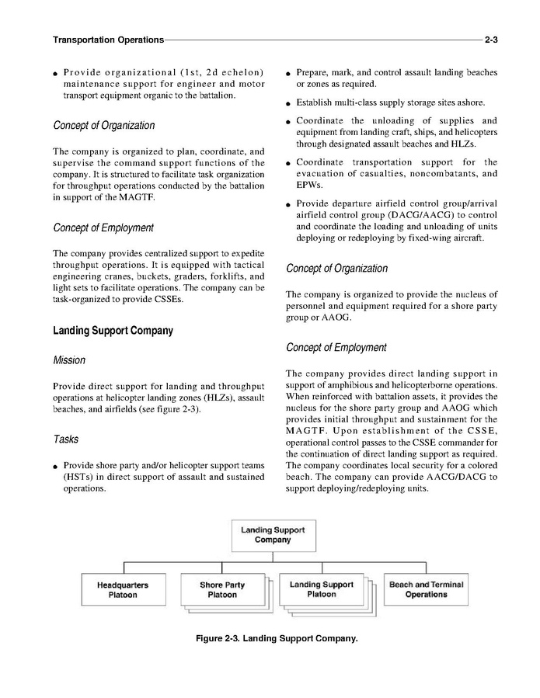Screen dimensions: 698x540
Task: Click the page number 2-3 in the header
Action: point(490,40)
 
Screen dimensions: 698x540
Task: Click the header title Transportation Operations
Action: point(108,40)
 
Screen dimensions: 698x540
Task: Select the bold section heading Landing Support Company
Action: point(113,331)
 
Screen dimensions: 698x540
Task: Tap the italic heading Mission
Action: point(69,360)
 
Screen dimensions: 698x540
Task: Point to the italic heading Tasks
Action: point(66,439)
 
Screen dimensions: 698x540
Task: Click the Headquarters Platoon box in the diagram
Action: point(123,590)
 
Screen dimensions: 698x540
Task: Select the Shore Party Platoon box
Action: point(221,590)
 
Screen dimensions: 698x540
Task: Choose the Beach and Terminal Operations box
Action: point(426,590)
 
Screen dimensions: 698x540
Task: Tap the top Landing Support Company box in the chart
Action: point(272,535)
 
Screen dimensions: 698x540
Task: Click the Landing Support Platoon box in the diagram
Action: point(321,589)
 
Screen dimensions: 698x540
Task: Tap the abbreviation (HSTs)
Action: point(80,477)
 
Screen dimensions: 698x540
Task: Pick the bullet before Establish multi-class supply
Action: point(287,103)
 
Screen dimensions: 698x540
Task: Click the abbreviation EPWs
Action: point(309,186)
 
